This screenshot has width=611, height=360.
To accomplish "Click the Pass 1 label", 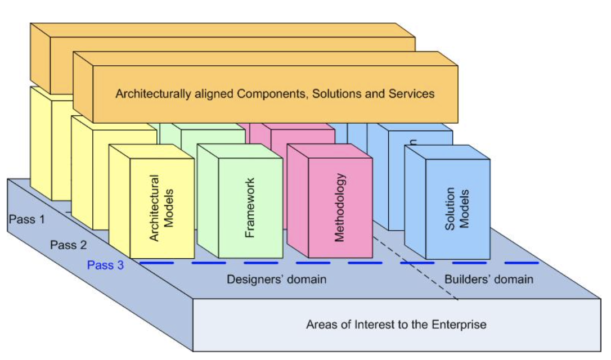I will (26, 219).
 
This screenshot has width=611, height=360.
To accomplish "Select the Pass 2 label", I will (69, 245).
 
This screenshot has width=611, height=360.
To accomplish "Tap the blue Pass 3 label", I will (105, 265).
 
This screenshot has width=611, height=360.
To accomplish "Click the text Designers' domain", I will (276, 279).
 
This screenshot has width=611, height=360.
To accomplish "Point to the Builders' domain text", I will (488, 279).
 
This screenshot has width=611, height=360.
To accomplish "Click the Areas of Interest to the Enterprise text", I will (396, 325).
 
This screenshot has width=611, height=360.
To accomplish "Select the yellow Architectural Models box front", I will (161, 209).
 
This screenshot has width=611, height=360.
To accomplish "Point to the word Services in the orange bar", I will (411, 94).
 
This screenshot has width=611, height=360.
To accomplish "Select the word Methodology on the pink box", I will (339, 208).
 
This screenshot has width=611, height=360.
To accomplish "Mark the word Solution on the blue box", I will (451, 209).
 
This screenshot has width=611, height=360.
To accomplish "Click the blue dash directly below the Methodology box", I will (313, 262).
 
